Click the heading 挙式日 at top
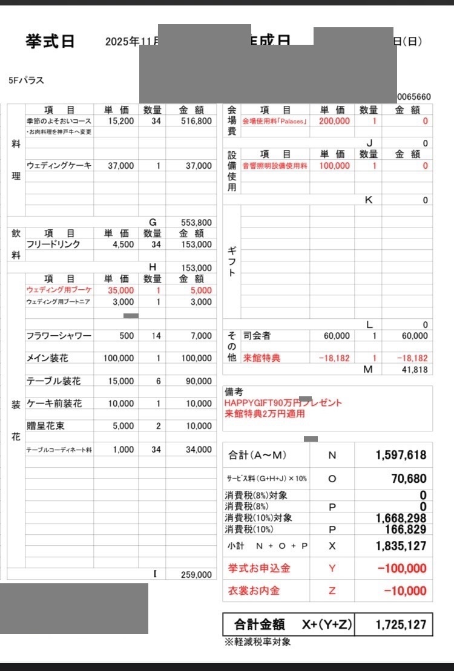click(x=50, y=41)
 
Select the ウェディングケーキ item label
click(x=59, y=165)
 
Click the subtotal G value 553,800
click(x=196, y=222)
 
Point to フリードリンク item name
click(x=53, y=244)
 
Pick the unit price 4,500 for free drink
click(x=121, y=244)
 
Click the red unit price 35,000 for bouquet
click(x=121, y=290)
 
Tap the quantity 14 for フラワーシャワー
click(x=156, y=336)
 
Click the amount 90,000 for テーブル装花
click(x=199, y=381)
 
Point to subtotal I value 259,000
click(x=196, y=575)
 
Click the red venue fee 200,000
click(x=334, y=121)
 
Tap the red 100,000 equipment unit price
click(x=334, y=165)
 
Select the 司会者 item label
click(x=257, y=336)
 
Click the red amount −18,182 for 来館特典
click(x=412, y=358)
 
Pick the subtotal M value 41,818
click(x=414, y=370)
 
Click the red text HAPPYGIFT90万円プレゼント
click(x=283, y=403)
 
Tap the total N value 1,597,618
click(x=401, y=455)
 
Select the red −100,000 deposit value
click(x=401, y=568)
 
